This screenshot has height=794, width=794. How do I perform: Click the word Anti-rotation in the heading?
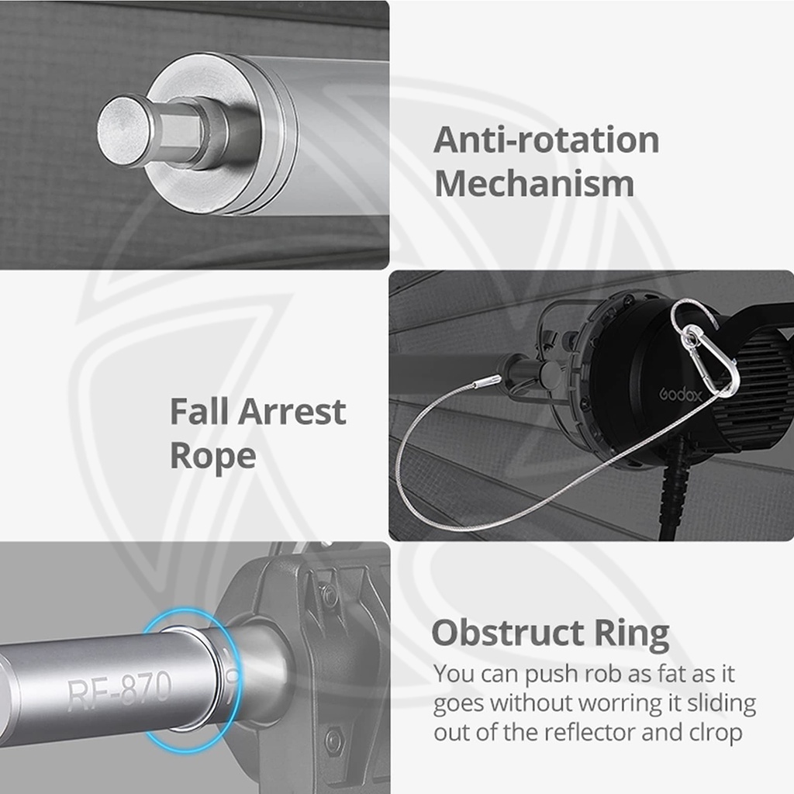click(547, 140)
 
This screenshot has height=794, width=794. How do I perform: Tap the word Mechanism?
click(534, 183)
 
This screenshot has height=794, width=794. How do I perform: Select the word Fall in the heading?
click(199, 411)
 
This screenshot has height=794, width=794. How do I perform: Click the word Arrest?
click(292, 412)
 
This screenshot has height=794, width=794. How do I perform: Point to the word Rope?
click(212, 457)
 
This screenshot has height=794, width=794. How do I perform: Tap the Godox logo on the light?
click(681, 394)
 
